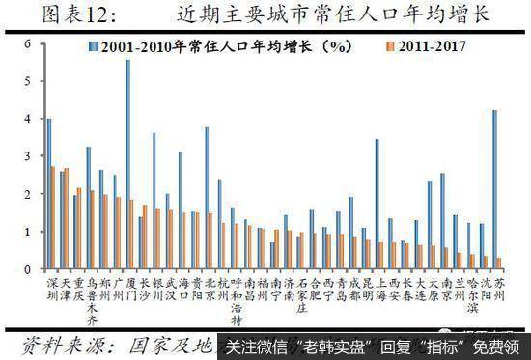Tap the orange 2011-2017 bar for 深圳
click(53, 217)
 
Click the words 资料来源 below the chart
click(58, 345)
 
